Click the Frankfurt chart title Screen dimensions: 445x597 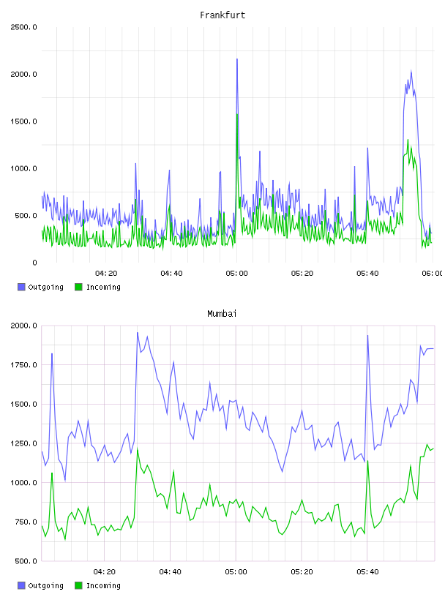pyautogui.click(x=222, y=15)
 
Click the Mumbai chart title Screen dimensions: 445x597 pyautogui.click(x=222, y=313)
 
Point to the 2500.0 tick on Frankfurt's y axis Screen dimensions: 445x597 pyautogui.click(x=23, y=27)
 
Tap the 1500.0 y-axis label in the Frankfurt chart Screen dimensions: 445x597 pyautogui.click(x=23, y=121)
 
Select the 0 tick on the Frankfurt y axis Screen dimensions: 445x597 pyautogui.click(x=34, y=263)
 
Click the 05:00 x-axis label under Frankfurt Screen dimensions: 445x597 pyautogui.click(x=236, y=274)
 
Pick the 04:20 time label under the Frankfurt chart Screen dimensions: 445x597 pyautogui.click(x=106, y=274)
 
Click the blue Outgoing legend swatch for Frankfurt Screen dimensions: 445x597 pyautogui.click(x=21, y=287)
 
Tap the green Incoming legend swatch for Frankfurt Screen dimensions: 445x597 pyautogui.click(x=78, y=287)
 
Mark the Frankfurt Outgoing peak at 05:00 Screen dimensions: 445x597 pyautogui.click(x=237, y=59)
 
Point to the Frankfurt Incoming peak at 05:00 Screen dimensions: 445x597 pyautogui.click(x=237, y=114)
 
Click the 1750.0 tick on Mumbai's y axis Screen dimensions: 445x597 pyautogui.click(x=23, y=365)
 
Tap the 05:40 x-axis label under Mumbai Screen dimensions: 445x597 pyautogui.click(x=367, y=572)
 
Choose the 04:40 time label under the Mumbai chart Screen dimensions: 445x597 pyautogui.click(x=170, y=572)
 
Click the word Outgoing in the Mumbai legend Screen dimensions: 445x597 pyautogui.click(x=45, y=585)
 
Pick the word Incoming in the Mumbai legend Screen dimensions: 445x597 pyautogui.click(x=103, y=585)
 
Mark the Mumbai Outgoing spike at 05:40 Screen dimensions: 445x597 pyautogui.click(x=367, y=336)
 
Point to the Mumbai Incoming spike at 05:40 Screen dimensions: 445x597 pyautogui.click(x=367, y=461)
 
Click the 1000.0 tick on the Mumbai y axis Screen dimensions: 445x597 pyautogui.click(x=23, y=483)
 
